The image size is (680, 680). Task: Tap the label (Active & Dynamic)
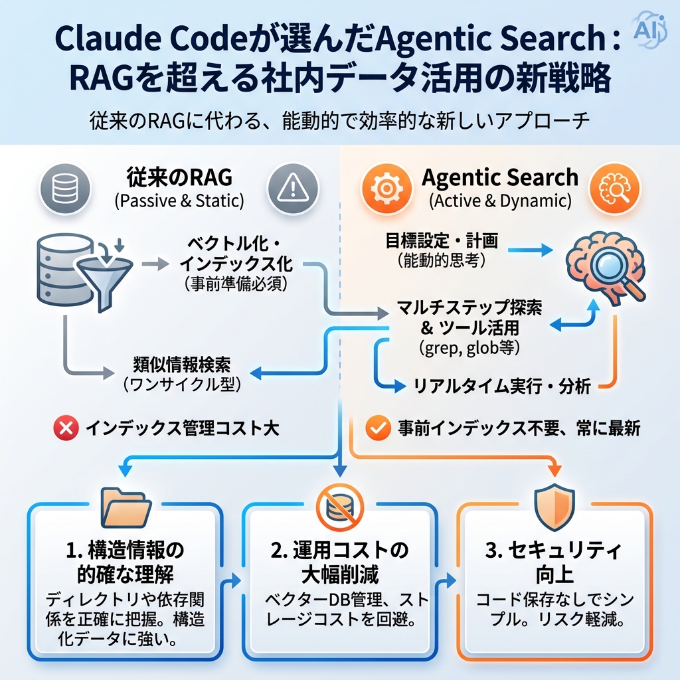coord(500,201)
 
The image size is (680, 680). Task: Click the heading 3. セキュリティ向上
coord(552,562)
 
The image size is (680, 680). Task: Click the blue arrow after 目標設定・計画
coord(531,250)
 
